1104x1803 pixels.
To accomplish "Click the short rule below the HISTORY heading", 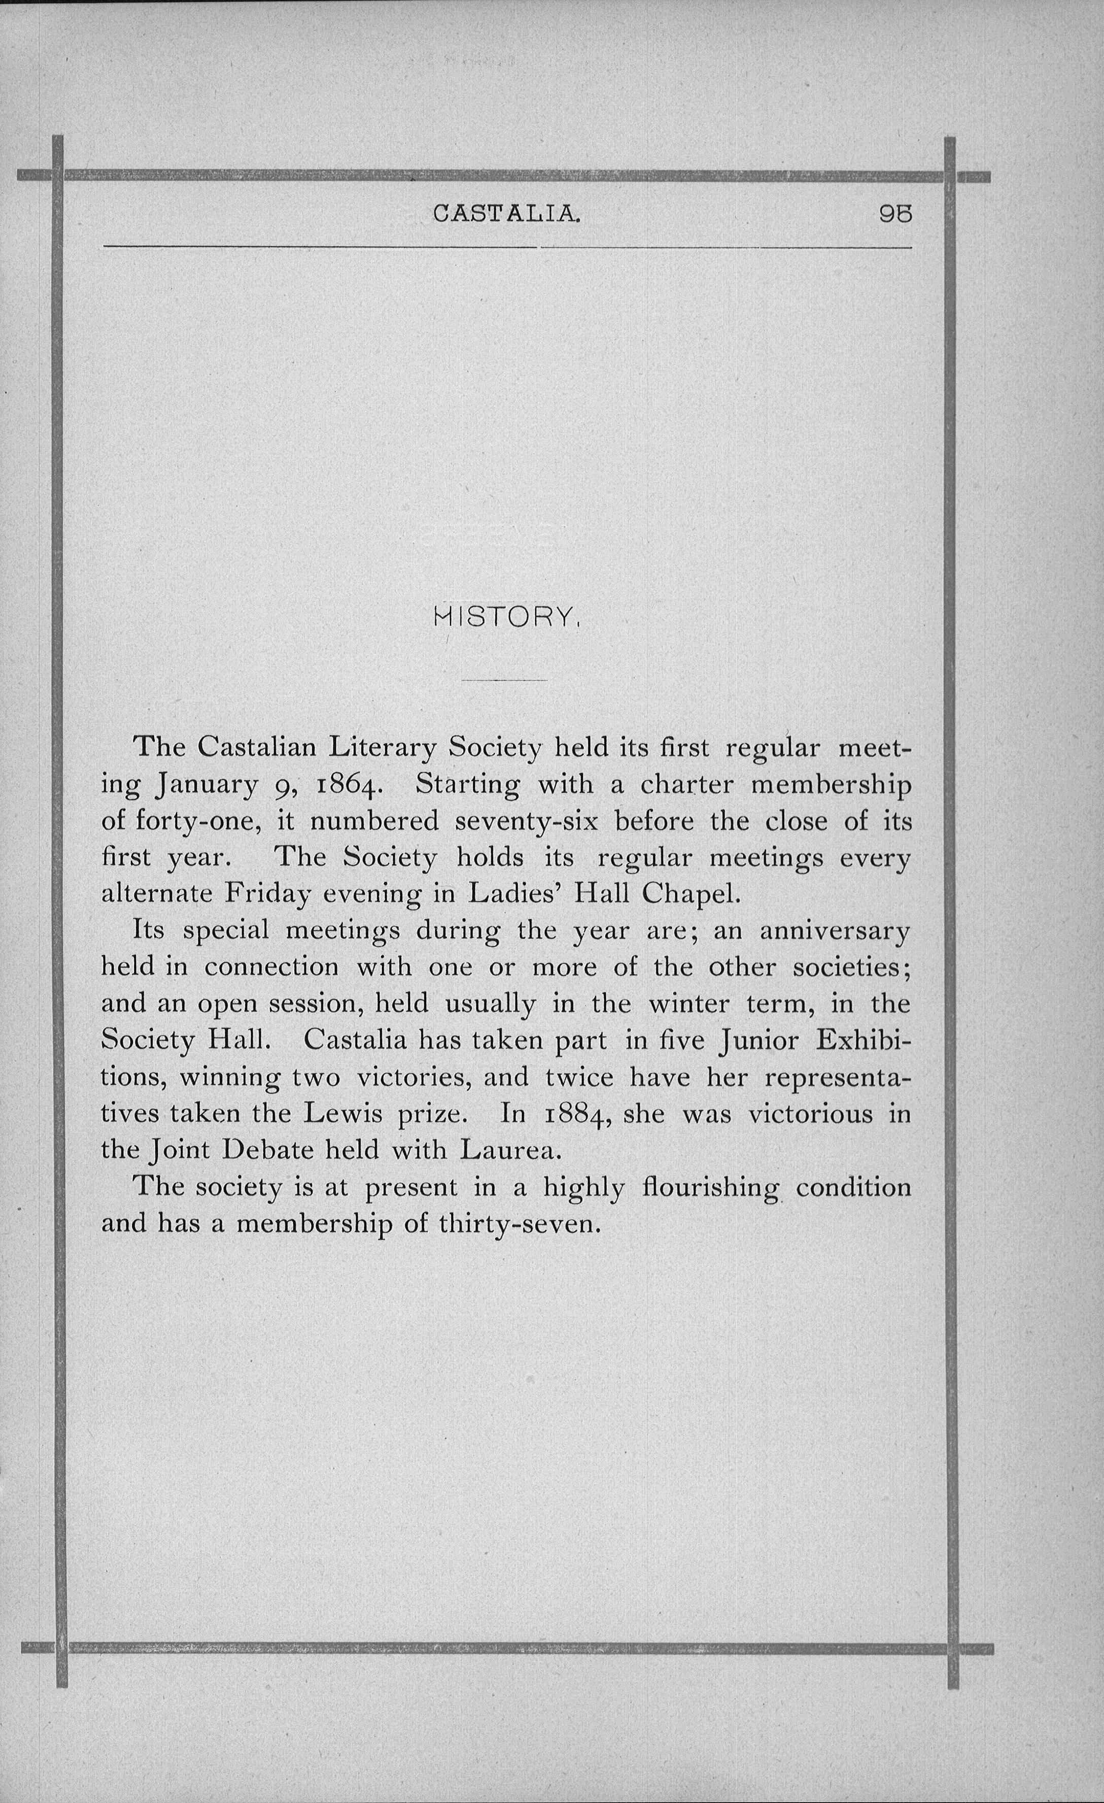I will point(504,681).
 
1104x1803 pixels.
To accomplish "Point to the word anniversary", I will point(835,931).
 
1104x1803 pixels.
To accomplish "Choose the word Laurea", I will point(510,1150).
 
